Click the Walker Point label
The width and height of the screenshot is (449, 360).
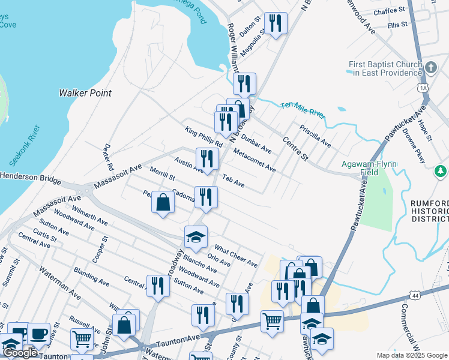(x=85, y=93)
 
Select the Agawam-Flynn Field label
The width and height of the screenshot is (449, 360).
(x=368, y=168)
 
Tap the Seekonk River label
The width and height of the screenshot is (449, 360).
(x=24, y=146)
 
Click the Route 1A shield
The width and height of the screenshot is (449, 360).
(x=423, y=88)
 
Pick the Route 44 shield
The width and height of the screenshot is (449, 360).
(x=415, y=295)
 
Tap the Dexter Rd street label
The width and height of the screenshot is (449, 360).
(x=108, y=157)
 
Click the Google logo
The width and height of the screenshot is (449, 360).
(x=20, y=353)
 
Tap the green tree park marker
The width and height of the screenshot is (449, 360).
(x=442, y=172)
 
